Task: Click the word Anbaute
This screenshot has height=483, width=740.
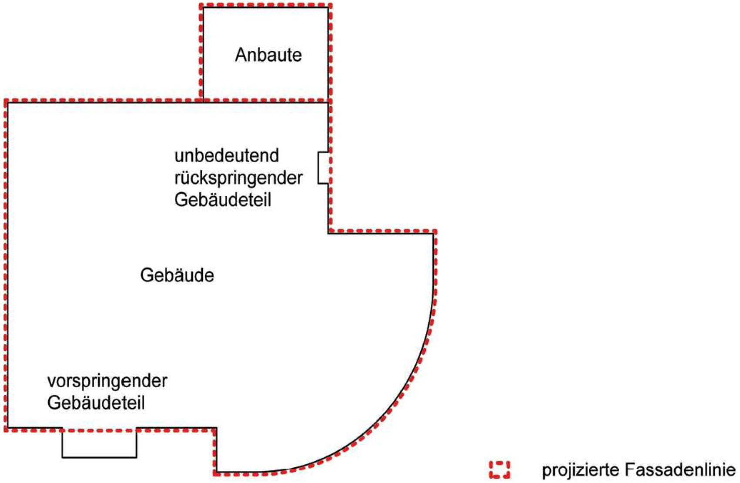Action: click(268, 55)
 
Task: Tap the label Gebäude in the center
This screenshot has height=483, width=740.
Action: click(177, 275)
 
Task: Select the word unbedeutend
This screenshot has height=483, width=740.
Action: click(227, 156)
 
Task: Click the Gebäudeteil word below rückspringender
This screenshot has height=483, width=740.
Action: click(223, 200)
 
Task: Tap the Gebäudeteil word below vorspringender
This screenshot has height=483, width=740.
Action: click(96, 403)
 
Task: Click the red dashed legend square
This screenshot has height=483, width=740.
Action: click(499, 470)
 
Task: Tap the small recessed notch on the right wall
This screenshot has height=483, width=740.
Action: click(323, 168)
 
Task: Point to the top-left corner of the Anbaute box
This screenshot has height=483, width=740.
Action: click(203, 7)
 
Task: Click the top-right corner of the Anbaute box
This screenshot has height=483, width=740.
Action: click(328, 7)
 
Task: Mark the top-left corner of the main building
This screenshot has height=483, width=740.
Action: click(7, 103)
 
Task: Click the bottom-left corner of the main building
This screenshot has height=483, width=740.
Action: click(7, 428)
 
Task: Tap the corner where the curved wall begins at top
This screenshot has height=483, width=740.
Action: click(433, 234)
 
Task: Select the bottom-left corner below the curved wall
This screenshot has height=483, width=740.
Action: click(216, 472)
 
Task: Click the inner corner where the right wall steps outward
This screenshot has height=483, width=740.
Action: click(328, 234)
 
